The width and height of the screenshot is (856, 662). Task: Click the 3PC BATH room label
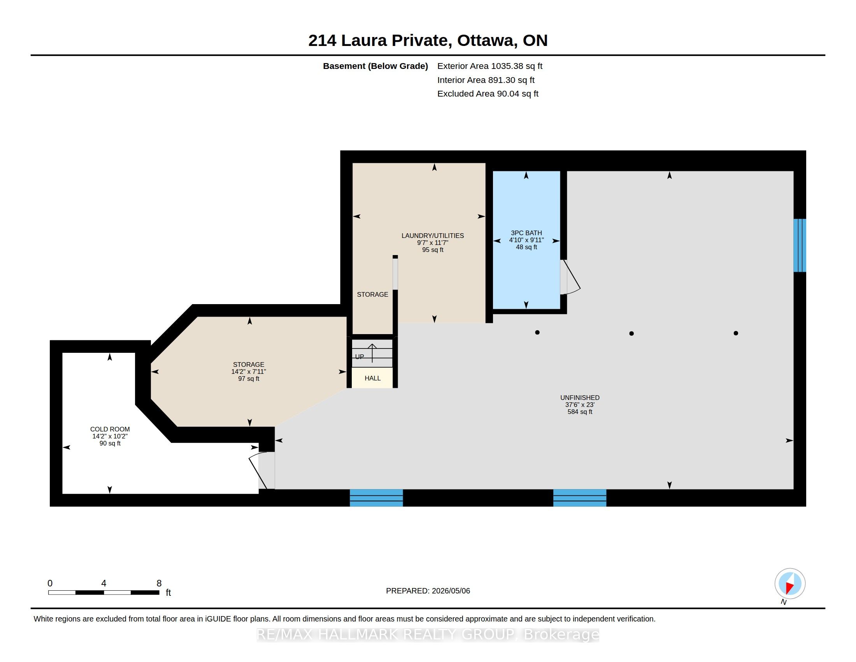526,233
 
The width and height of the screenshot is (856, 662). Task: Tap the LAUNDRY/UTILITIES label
432,236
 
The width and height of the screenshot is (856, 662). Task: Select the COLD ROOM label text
110,430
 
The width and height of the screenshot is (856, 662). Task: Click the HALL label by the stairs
372,378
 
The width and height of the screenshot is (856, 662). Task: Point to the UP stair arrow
372,353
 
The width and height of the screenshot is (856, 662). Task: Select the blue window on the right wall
800,245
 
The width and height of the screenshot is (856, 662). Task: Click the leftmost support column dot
537,333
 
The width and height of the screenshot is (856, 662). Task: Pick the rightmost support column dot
736,333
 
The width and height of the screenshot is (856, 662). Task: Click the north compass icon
790,584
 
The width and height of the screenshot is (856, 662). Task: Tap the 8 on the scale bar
159,583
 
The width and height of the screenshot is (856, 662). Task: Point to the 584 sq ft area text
580,412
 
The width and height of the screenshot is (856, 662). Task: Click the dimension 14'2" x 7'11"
249,372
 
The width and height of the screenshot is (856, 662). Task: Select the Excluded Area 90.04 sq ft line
488,94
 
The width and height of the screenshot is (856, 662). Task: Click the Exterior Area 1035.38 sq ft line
489,66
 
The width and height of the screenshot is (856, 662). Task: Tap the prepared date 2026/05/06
451,591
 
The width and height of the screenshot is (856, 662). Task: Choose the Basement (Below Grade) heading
375,66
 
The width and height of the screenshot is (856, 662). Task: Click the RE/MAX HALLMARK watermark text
428,635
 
